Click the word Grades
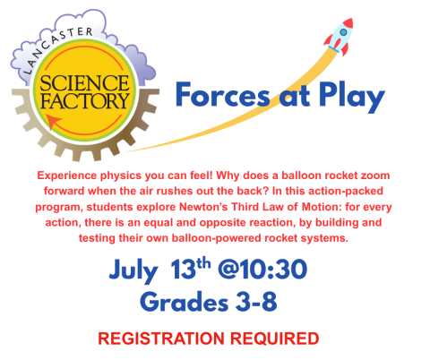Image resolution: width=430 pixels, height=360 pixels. coord(180,301)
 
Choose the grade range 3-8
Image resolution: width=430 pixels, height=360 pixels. coord(252,301)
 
